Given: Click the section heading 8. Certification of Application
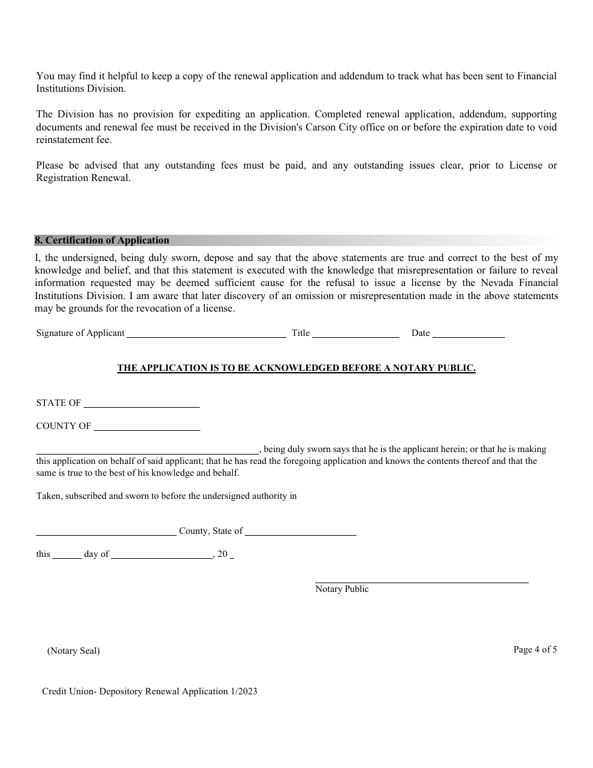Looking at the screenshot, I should (102, 240).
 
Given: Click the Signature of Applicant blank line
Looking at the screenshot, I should (206, 334).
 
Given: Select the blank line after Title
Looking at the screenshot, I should (355, 334).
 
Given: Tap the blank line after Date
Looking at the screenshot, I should (468, 334).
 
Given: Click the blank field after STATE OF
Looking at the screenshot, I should (141, 404).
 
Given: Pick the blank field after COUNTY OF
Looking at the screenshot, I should (147, 427).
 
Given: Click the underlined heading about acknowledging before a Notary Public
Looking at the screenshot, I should (296, 368).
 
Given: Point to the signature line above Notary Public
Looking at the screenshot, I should (421, 579).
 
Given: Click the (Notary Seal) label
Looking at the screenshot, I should (74, 651).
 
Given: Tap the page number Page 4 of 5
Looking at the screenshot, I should (535, 649).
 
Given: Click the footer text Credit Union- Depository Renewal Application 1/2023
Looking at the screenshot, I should (150, 691).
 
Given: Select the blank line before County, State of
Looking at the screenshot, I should (106, 532).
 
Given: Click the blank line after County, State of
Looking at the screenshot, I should (300, 532).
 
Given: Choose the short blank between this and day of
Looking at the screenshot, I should (67, 555).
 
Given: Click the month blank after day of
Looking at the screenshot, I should (162, 555).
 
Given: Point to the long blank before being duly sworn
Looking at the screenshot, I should (147, 450).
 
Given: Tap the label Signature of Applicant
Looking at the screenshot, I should (81, 333).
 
